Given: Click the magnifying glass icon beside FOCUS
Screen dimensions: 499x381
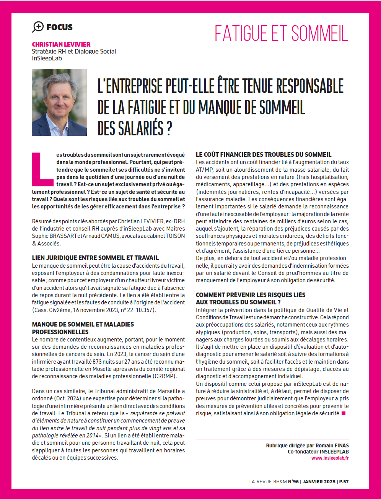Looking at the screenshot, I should [x=38, y=27].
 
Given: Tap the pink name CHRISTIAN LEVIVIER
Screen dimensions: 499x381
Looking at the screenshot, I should [x=61, y=44].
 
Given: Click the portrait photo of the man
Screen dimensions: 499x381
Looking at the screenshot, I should [x=59, y=102].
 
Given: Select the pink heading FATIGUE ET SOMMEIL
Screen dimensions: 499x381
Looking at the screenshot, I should [x=281, y=34].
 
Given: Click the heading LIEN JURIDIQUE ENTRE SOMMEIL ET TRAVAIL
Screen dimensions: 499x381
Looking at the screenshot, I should [x=95, y=258].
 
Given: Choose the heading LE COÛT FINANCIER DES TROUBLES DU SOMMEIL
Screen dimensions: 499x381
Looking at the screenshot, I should [x=264, y=155].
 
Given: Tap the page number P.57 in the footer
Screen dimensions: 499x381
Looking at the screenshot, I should [x=343, y=482].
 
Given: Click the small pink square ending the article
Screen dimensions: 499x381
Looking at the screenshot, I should [x=343, y=413].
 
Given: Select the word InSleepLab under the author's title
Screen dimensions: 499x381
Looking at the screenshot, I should [x=47, y=59].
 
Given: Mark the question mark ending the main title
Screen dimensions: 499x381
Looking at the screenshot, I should [x=168, y=128].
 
